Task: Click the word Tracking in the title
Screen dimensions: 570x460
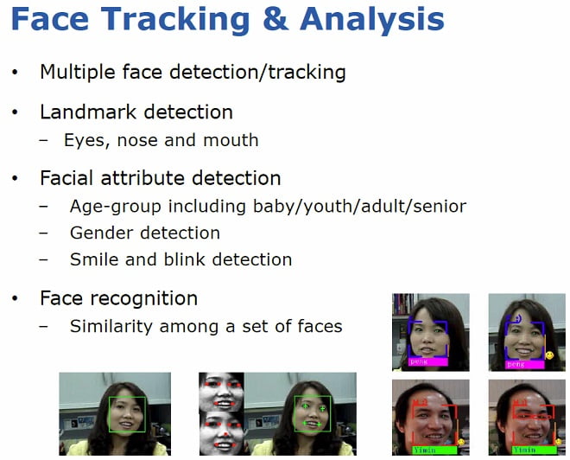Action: point(175,20)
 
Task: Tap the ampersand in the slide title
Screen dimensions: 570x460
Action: point(275,19)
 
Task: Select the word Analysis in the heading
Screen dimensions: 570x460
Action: point(372,20)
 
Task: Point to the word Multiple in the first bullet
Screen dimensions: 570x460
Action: point(78,73)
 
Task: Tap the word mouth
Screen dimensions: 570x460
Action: point(231,140)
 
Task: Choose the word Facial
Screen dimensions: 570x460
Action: point(67,178)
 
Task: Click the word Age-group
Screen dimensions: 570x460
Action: point(115,207)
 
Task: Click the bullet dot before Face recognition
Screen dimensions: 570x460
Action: point(15,298)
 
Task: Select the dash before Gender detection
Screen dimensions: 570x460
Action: point(44,233)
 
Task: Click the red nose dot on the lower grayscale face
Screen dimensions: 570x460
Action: point(225,434)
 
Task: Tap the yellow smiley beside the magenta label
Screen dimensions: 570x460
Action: point(549,355)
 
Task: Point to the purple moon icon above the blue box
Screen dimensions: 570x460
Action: point(517,318)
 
